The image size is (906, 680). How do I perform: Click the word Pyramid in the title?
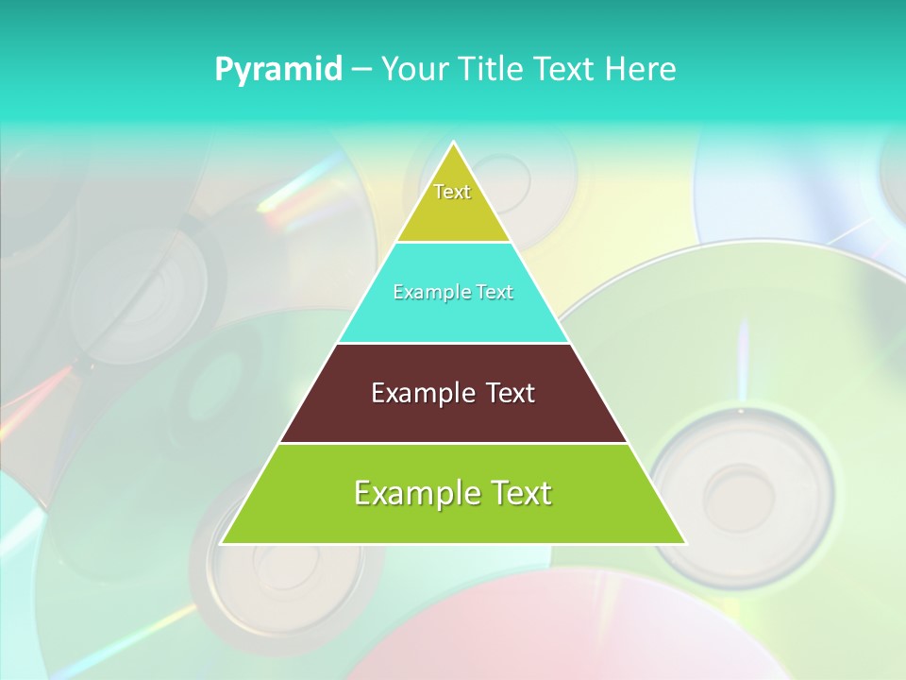278,70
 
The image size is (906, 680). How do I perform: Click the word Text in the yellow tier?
452,192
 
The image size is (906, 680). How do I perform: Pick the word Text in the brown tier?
510,393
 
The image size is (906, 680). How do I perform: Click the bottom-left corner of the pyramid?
223,543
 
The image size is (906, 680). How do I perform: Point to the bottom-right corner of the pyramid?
685,543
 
